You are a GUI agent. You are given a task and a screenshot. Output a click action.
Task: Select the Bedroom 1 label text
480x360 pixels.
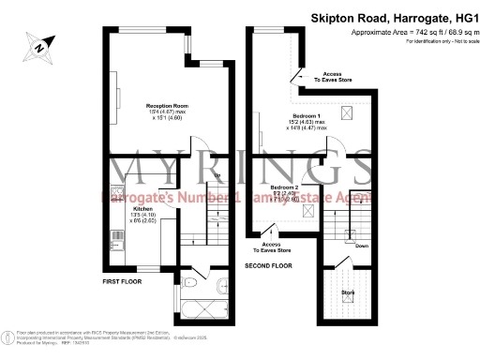pos(299,115)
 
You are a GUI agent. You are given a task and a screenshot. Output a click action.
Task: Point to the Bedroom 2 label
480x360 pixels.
pos(285,187)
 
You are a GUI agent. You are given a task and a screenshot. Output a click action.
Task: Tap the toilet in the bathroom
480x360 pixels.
pos(189,280)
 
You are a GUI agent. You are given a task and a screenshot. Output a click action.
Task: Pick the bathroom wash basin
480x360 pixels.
pos(221,286)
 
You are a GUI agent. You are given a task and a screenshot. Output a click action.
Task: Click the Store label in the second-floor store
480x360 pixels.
pos(348,292)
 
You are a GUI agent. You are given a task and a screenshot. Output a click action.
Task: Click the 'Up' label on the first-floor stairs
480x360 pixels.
pos(217,175)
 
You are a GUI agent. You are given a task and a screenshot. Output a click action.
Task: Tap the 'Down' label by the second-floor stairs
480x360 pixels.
pos(361,246)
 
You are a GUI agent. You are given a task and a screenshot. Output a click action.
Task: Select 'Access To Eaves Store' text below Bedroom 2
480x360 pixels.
pos(272,248)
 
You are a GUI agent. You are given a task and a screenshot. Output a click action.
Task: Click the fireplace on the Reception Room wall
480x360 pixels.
pos(117,94)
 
